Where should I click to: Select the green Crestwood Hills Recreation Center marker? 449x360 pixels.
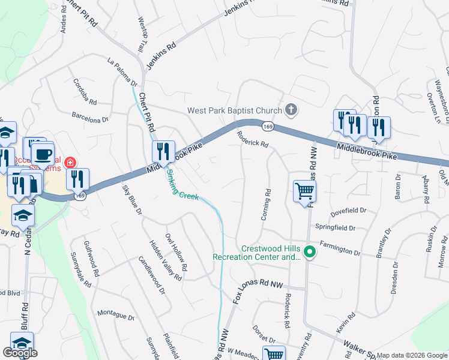(309, 251)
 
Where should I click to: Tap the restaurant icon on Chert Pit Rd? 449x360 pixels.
(163, 152)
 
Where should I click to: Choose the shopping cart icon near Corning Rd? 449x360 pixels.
(304, 192)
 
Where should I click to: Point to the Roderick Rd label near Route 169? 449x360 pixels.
(252, 139)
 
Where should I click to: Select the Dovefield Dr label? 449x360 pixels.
(348, 212)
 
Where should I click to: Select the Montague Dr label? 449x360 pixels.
(116, 314)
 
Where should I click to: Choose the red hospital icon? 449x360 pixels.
(70, 163)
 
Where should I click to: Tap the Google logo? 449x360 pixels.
(20, 353)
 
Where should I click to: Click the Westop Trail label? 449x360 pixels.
(142, 34)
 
